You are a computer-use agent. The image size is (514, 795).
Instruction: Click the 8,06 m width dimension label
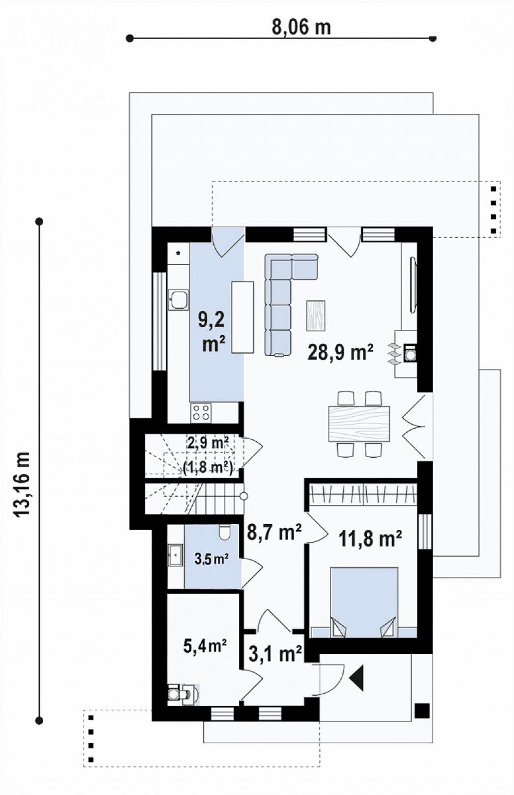[x=301, y=28]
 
